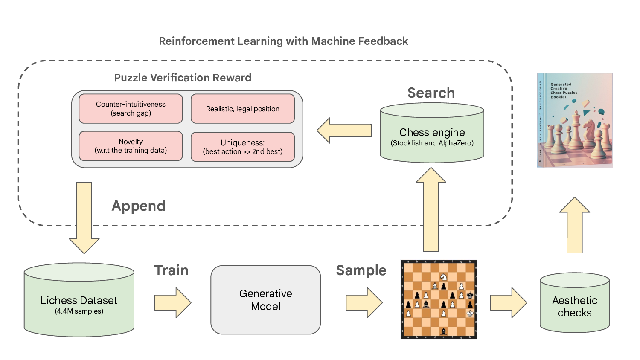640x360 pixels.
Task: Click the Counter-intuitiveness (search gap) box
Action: [x=131, y=109]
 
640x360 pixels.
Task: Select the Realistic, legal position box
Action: [x=242, y=109]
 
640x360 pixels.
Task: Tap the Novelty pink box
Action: [x=131, y=146]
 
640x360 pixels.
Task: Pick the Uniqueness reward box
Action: [x=242, y=147]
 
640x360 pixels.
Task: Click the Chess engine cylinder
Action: [x=432, y=136]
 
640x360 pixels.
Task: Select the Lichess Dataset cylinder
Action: [x=79, y=303]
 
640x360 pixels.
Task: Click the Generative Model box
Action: [x=265, y=300]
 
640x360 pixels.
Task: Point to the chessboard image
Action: [x=439, y=299]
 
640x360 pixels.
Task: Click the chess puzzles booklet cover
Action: [x=575, y=120]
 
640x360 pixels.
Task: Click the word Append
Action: [x=138, y=206]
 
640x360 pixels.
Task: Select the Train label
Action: [x=171, y=270]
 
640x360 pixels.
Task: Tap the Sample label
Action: [x=361, y=270]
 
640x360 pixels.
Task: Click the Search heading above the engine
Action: [x=431, y=93]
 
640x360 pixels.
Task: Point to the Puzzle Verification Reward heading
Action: [x=183, y=78]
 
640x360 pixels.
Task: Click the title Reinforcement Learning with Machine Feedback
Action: [x=283, y=41]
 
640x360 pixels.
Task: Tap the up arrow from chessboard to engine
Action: [x=431, y=209]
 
